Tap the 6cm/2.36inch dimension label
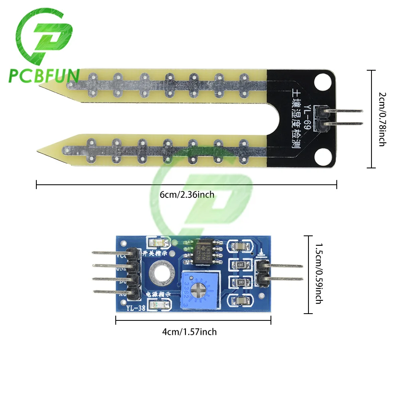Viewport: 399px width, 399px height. pyautogui.click(x=187, y=195)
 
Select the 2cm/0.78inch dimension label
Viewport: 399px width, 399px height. pyautogui.click(x=382, y=119)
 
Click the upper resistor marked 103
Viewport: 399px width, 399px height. pyautogui.click(x=241, y=264)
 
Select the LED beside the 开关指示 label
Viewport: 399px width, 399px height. pyautogui.click(x=154, y=242)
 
